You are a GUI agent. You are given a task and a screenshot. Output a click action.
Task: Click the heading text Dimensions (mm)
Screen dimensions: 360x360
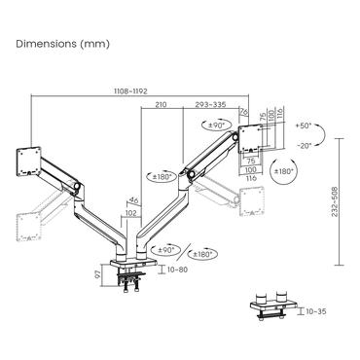[x=63, y=44]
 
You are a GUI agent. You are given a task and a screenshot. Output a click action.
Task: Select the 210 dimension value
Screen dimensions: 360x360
[x=160, y=103]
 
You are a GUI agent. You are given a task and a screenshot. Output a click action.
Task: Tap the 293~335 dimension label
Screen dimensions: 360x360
[x=211, y=103]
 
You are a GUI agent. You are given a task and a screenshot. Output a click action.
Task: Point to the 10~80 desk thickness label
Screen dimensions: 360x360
[x=178, y=269]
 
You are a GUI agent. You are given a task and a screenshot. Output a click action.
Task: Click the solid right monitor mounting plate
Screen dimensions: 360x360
[x=251, y=136]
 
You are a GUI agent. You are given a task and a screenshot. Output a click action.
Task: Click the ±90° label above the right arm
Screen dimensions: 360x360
[x=217, y=126]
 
